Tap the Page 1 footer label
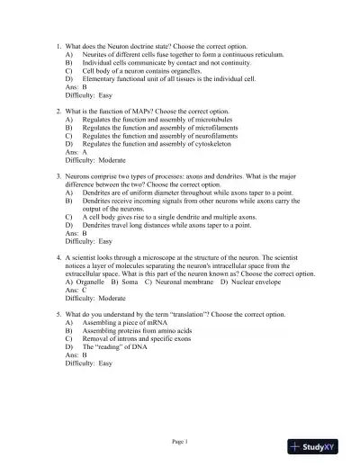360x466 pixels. click(179, 441)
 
